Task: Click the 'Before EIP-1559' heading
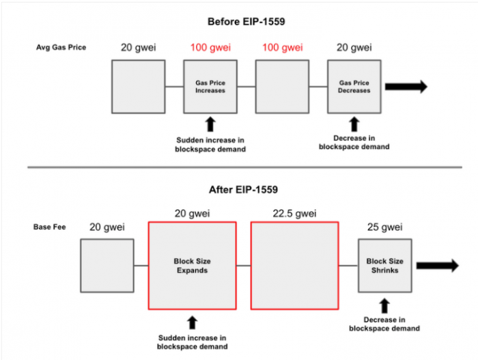(247, 22)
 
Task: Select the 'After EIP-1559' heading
(243, 189)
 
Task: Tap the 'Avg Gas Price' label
(61, 47)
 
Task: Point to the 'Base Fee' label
(49, 227)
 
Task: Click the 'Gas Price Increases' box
(210, 87)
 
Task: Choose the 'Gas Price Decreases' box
(354, 87)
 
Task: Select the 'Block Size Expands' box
(193, 266)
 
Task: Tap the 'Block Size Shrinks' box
(385, 266)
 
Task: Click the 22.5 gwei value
(294, 213)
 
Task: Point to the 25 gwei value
(384, 227)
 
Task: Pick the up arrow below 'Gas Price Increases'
(210, 124)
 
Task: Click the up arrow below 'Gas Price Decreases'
(354, 124)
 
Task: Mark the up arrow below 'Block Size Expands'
(193, 322)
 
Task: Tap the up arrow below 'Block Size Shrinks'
(384, 306)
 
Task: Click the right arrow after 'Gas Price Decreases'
(406, 87)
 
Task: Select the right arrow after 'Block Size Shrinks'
(438, 266)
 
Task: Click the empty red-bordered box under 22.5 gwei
(295, 266)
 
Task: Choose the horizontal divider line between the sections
(244, 167)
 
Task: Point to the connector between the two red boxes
(244, 266)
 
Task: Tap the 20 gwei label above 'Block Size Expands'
(193, 213)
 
